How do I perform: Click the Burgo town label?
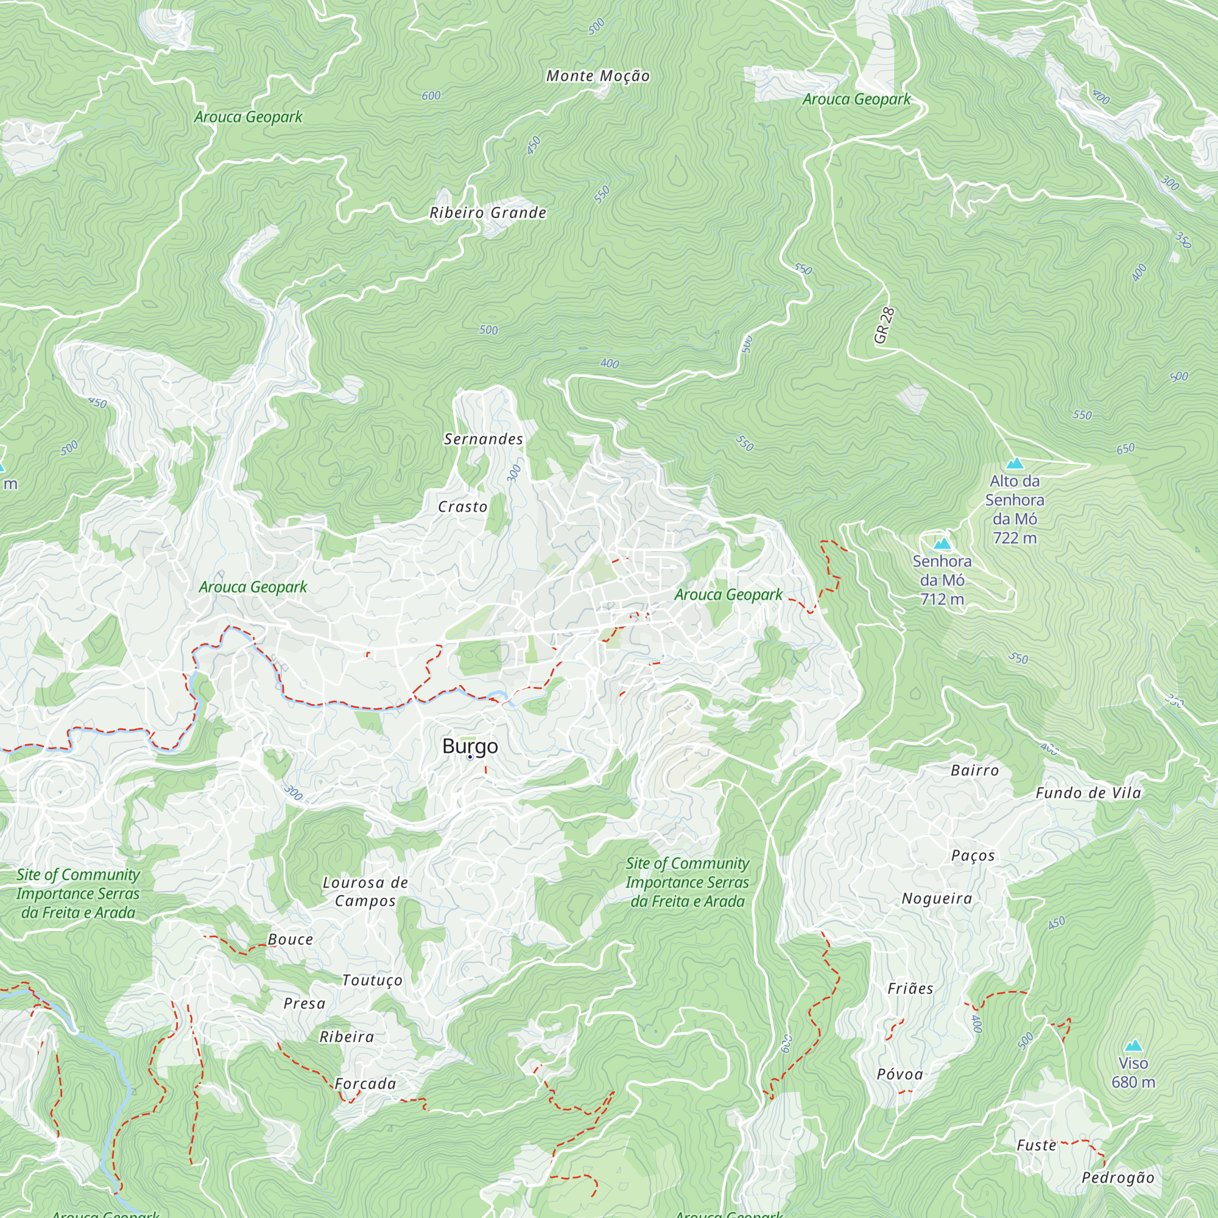(470, 746)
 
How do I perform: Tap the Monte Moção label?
(597, 76)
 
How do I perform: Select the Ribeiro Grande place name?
(488, 213)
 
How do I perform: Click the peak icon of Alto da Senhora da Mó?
(1015, 464)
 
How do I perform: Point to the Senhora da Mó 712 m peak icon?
(942, 543)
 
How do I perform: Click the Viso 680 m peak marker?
(1133, 1046)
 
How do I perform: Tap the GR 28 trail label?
(884, 325)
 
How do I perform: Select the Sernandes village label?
(484, 440)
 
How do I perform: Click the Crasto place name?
(463, 507)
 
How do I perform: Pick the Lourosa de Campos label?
(365, 892)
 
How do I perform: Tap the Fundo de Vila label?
(1089, 793)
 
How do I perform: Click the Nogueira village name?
(937, 898)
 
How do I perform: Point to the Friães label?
(910, 988)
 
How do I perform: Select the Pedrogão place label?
(1118, 1177)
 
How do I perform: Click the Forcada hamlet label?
(365, 1084)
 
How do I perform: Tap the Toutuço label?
(372, 980)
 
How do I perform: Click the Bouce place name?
(290, 939)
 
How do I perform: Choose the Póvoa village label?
(900, 1074)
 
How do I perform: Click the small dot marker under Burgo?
(470, 757)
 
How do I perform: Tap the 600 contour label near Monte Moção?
(431, 96)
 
